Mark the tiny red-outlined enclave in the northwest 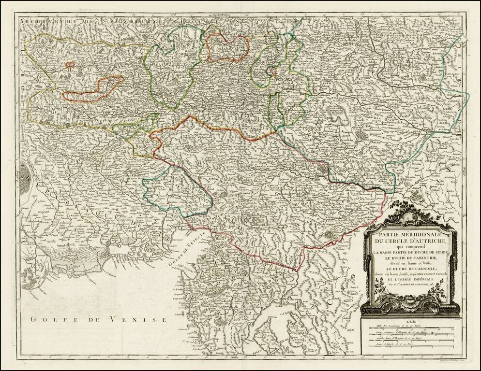[70, 64]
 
